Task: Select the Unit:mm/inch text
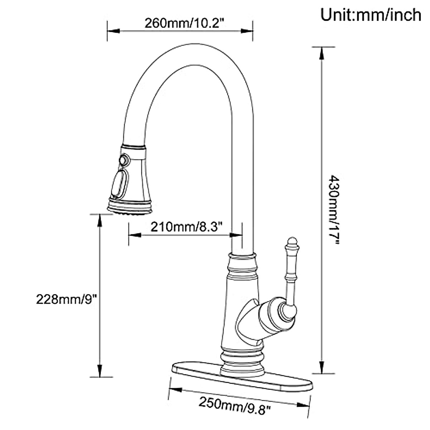pos(371,15)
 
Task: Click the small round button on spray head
pos(124,159)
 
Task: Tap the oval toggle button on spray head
pos(118,184)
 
